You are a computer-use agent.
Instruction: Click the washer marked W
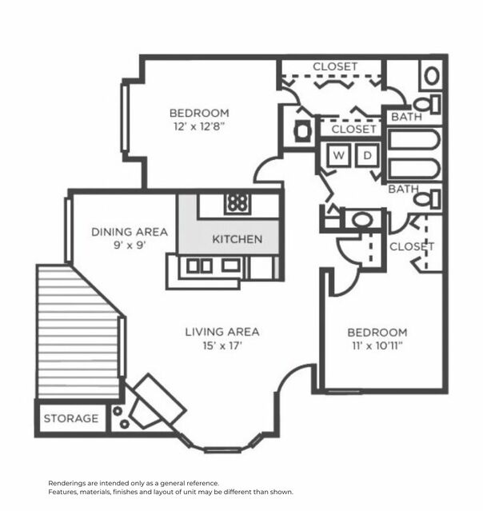coord(338,156)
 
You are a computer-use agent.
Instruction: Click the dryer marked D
coord(367,156)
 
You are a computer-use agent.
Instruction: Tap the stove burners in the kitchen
coord(237,202)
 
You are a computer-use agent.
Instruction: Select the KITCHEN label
coord(237,239)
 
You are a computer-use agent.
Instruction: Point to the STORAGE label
coord(71,418)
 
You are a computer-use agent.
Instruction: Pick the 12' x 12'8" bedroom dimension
coord(199,127)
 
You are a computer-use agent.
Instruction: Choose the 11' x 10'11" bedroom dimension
coord(377,346)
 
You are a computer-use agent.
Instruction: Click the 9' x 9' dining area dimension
coord(130,246)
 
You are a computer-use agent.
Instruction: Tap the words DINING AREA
coord(130,232)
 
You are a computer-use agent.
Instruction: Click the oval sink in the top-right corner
coord(431,76)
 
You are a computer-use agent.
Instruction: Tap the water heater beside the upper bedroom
coord(302,131)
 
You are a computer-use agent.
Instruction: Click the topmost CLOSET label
coord(335,66)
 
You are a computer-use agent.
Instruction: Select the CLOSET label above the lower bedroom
coord(412,246)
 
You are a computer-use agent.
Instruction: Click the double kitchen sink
coord(200,265)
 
